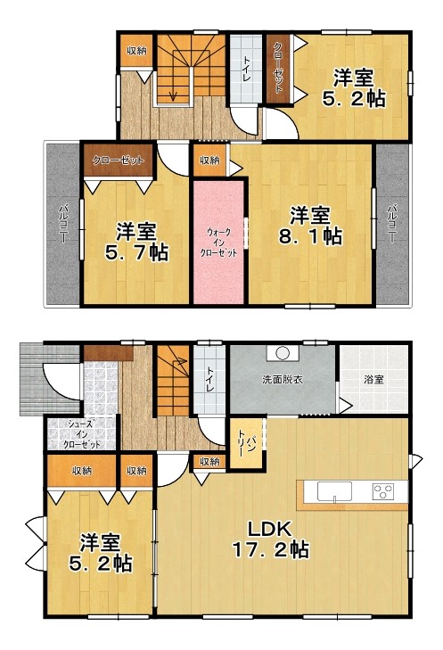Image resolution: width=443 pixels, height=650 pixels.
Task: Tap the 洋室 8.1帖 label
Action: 310,226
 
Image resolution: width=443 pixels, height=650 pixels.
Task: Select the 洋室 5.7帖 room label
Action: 136,242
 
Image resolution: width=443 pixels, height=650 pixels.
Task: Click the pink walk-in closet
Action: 218,242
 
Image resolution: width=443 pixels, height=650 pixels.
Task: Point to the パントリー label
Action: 246,444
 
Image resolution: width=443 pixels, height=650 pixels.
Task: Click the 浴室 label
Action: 373,379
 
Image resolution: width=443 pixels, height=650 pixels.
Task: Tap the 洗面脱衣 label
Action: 283,379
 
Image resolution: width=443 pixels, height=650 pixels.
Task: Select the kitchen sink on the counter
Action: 334,491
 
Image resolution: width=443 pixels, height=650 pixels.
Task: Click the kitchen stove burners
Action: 383,491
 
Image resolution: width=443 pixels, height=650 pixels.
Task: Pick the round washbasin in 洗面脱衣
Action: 283,353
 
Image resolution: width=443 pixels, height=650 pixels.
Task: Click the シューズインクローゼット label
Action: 82,434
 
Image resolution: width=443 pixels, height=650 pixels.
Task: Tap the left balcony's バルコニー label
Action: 63,224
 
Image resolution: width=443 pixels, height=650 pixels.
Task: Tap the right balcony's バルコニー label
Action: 392,224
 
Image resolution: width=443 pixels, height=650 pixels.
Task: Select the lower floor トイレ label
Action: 210,379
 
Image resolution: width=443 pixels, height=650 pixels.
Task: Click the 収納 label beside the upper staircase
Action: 136,51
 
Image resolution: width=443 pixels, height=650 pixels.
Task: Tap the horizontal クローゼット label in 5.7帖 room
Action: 119,160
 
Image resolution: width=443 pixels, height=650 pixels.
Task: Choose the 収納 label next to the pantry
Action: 209,461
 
